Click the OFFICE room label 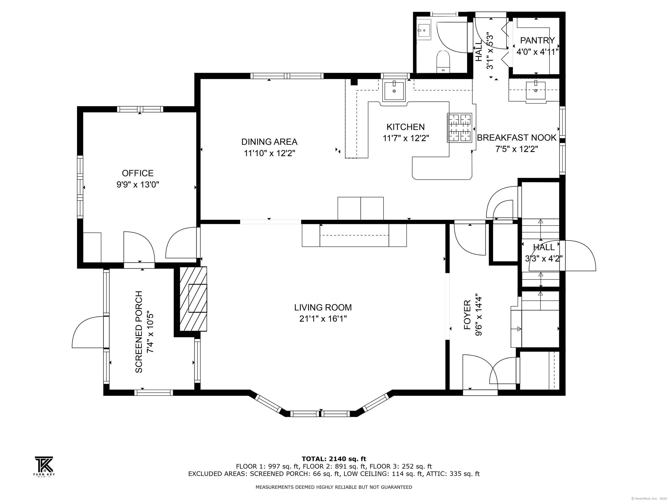pyautogui.click(x=138, y=173)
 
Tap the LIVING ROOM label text pyautogui.click(x=323, y=307)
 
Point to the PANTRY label pyautogui.click(x=537, y=40)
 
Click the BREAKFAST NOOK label pyautogui.click(x=516, y=138)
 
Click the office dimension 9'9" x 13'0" pyautogui.click(x=138, y=185)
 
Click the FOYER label pyautogui.click(x=467, y=315)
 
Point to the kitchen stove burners pyautogui.click(x=459, y=128)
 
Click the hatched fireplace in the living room pyautogui.click(x=193, y=299)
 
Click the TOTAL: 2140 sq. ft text pyautogui.click(x=334, y=459)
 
